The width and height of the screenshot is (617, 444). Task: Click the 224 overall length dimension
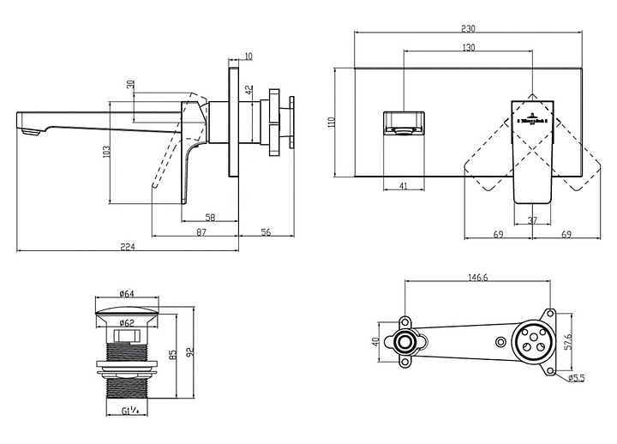pyautogui.click(x=128, y=247)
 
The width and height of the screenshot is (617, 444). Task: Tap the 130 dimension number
pyautogui.click(x=468, y=48)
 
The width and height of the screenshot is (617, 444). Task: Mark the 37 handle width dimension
pyautogui.click(x=531, y=219)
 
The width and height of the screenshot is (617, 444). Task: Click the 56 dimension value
pyautogui.click(x=266, y=231)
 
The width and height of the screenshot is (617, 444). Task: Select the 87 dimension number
pyautogui.click(x=201, y=231)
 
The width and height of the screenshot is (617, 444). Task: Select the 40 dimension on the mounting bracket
pyautogui.click(x=374, y=343)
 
